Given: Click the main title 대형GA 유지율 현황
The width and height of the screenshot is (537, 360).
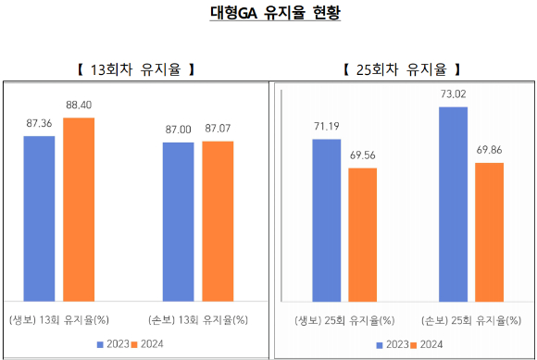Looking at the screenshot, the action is (x=275, y=13).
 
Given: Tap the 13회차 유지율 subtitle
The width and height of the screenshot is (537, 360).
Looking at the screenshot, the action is (x=136, y=69).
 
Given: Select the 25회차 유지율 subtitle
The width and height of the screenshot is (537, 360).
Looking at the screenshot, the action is (x=402, y=69).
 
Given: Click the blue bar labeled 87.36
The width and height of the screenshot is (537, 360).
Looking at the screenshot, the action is (x=39, y=218).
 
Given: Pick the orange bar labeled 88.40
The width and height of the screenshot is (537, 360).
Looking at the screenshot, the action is (x=79, y=209).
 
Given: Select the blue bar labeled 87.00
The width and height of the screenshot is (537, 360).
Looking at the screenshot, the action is (x=178, y=222).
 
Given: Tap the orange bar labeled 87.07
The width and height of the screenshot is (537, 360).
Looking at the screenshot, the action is (x=218, y=221).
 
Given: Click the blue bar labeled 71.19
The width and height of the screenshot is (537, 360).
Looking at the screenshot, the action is (x=327, y=220).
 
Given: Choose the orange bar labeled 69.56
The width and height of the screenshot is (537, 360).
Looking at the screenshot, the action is (x=363, y=235).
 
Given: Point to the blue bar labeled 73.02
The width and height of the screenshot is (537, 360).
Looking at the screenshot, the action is (x=453, y=205).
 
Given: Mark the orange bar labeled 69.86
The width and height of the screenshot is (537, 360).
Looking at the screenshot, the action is (x=490, y=232).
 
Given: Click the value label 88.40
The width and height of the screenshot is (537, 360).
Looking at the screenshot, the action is (x=79, y=105).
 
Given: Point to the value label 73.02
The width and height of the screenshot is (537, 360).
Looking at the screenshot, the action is (x=453, y=94).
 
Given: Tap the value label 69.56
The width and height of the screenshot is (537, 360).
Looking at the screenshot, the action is (x=363, y=155).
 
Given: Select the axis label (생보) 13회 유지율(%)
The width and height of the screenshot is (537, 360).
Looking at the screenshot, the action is (x=59, y=320).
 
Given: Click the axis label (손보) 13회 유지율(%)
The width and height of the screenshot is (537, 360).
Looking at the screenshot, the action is (x=198, y=320).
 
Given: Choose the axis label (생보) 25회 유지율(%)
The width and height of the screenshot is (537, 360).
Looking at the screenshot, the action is (x=344, y=320).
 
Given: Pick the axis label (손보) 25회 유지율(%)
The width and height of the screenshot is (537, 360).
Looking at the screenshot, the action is (x=471, y=320).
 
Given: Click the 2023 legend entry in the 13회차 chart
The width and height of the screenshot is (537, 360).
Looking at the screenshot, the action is (x=113, y=344).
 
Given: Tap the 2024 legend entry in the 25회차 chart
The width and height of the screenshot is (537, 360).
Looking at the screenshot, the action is (x=427, y=344).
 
